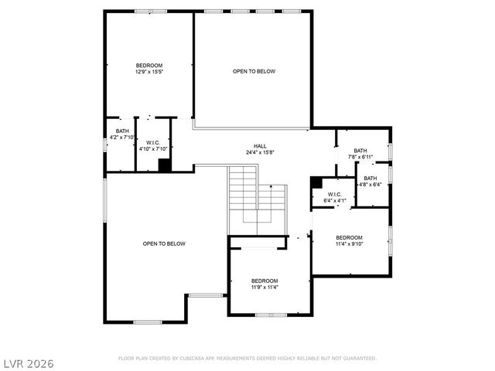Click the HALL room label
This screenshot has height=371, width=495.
pyautogui.click(x=260, y=146)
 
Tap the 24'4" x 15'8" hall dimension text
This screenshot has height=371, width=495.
pyautogui.click(x=260, y=152)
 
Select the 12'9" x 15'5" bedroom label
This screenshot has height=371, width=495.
pyautogui.click(x=149, y=66)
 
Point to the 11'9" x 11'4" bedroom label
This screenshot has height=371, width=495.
pyautogui.click(x=265, y=281)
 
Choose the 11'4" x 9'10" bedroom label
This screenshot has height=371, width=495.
pyautogui.click(x=349, y=237)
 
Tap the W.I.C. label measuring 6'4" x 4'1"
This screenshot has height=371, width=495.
pyautogui.click(x=334, y=194)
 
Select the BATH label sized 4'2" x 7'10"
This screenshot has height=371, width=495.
pyautogui.click(x=122, y=131)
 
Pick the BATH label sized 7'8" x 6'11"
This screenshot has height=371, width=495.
pyautogui.click(x=360, y=151)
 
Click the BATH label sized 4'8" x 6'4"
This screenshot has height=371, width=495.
pyautogui.click(x=371, y=178)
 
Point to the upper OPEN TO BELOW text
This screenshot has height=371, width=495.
pyautogui.click(x=254, y=71)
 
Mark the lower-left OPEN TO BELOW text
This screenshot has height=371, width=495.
pyautogui.click(x=164, y=243)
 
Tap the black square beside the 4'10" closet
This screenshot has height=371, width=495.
pyautogui.click(x=164, y=165)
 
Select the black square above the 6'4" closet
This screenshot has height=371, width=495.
pyautogui.click(x=316, y=182)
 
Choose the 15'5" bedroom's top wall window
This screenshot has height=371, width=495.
pyautogui.click(x=145, y=11)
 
